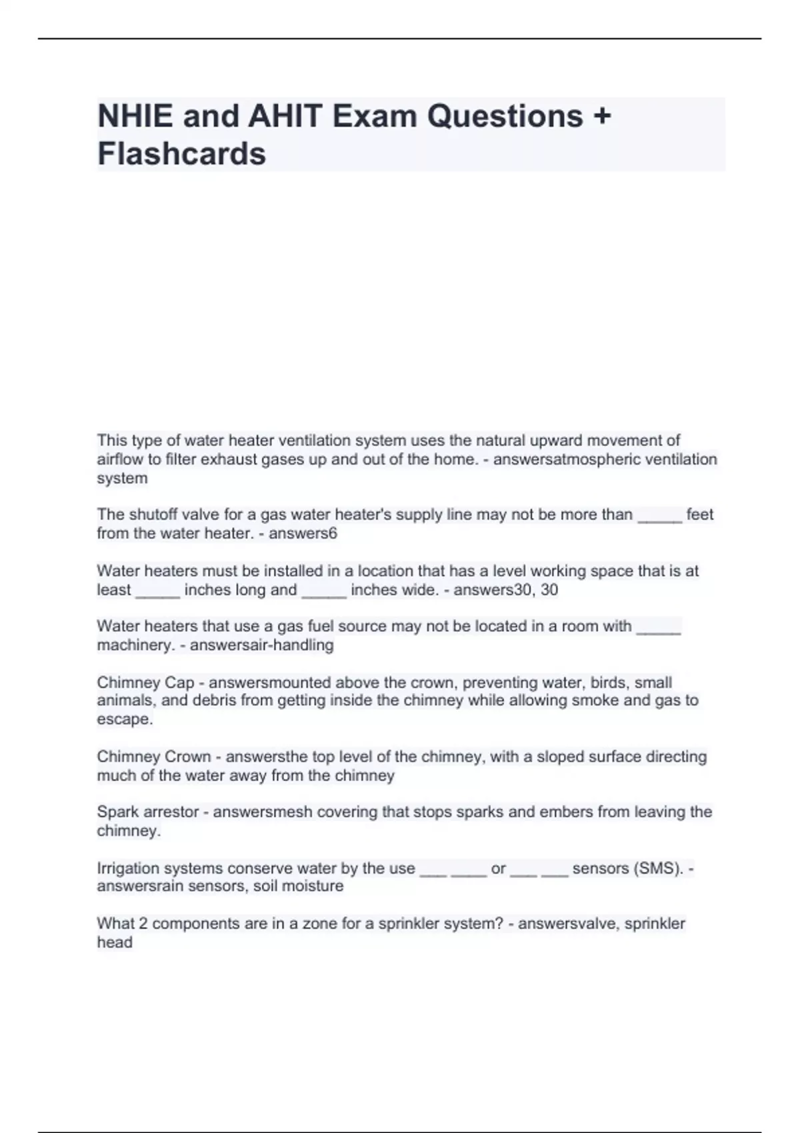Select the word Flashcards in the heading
pyautogui.click(x=181, y=153)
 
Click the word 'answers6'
pyautogui.click(x=303, y=533)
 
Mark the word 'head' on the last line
pyautogui.click(x=115, y=942)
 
